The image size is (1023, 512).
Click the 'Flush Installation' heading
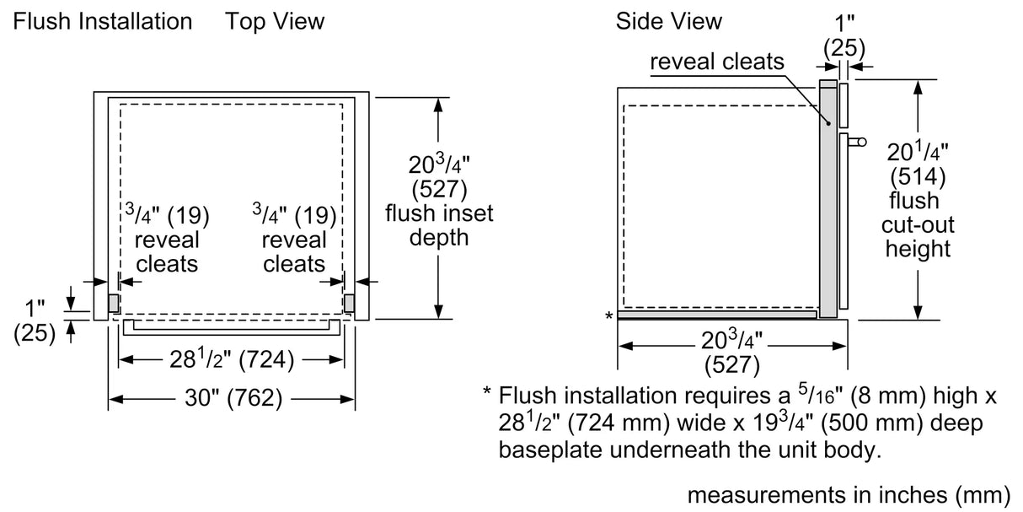pos(102,20)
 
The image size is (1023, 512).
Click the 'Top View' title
pos(274,20)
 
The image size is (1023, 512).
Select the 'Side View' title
pos(668,20)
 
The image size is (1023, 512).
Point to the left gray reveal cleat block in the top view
pos(112,302)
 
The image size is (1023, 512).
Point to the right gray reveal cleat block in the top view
pos(350,302)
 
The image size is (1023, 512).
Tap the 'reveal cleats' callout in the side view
pos(717,62)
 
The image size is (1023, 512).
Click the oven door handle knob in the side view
pos(857,143)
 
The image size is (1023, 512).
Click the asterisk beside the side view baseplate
pos(608,316)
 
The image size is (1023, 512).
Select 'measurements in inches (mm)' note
pos(849,494)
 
